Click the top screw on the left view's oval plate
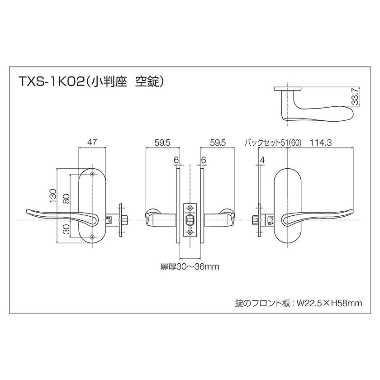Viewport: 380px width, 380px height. [92, 175]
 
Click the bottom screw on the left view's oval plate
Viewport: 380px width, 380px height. [92, 237]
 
